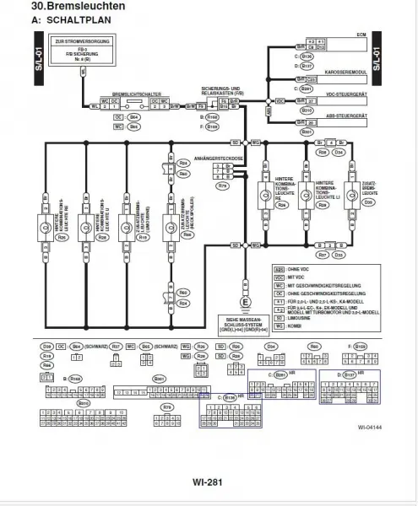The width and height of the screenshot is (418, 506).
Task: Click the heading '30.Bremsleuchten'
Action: (x=67, y=7)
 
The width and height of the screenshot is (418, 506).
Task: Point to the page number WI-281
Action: (x=208, y=482)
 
